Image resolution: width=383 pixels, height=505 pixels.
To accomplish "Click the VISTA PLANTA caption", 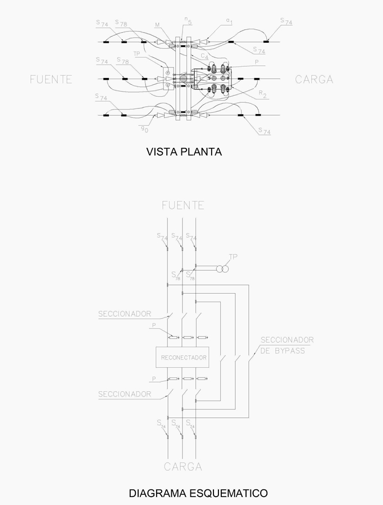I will [x=184, y=152].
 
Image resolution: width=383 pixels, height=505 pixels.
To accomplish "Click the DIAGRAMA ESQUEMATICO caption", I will [x=198, y=494].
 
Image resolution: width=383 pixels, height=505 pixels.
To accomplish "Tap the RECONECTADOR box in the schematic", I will [x=184, y=358].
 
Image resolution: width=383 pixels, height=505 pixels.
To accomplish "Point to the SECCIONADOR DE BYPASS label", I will [x=286, y=345].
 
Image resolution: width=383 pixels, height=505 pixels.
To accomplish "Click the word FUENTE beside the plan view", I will [x=51, y=80].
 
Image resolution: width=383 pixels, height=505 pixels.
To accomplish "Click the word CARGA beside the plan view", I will [x=314, y=80].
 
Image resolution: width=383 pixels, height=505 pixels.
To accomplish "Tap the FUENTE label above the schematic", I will [x=183, y=205].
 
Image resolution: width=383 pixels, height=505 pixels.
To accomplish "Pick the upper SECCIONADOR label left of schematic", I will [x=125, y=313].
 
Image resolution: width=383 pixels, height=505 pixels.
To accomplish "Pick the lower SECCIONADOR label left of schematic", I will [x=125, y=394].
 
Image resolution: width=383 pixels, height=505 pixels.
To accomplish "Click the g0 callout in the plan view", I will [x=144, y=129].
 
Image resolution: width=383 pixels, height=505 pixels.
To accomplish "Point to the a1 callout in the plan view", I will [x=229, y=21].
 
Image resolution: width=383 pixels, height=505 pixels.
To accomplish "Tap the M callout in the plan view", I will [x=157, y=25].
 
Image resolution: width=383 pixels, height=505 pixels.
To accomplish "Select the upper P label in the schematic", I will [x=154, y=325].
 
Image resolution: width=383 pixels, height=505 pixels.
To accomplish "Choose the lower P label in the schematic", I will [x=154, y=379].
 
